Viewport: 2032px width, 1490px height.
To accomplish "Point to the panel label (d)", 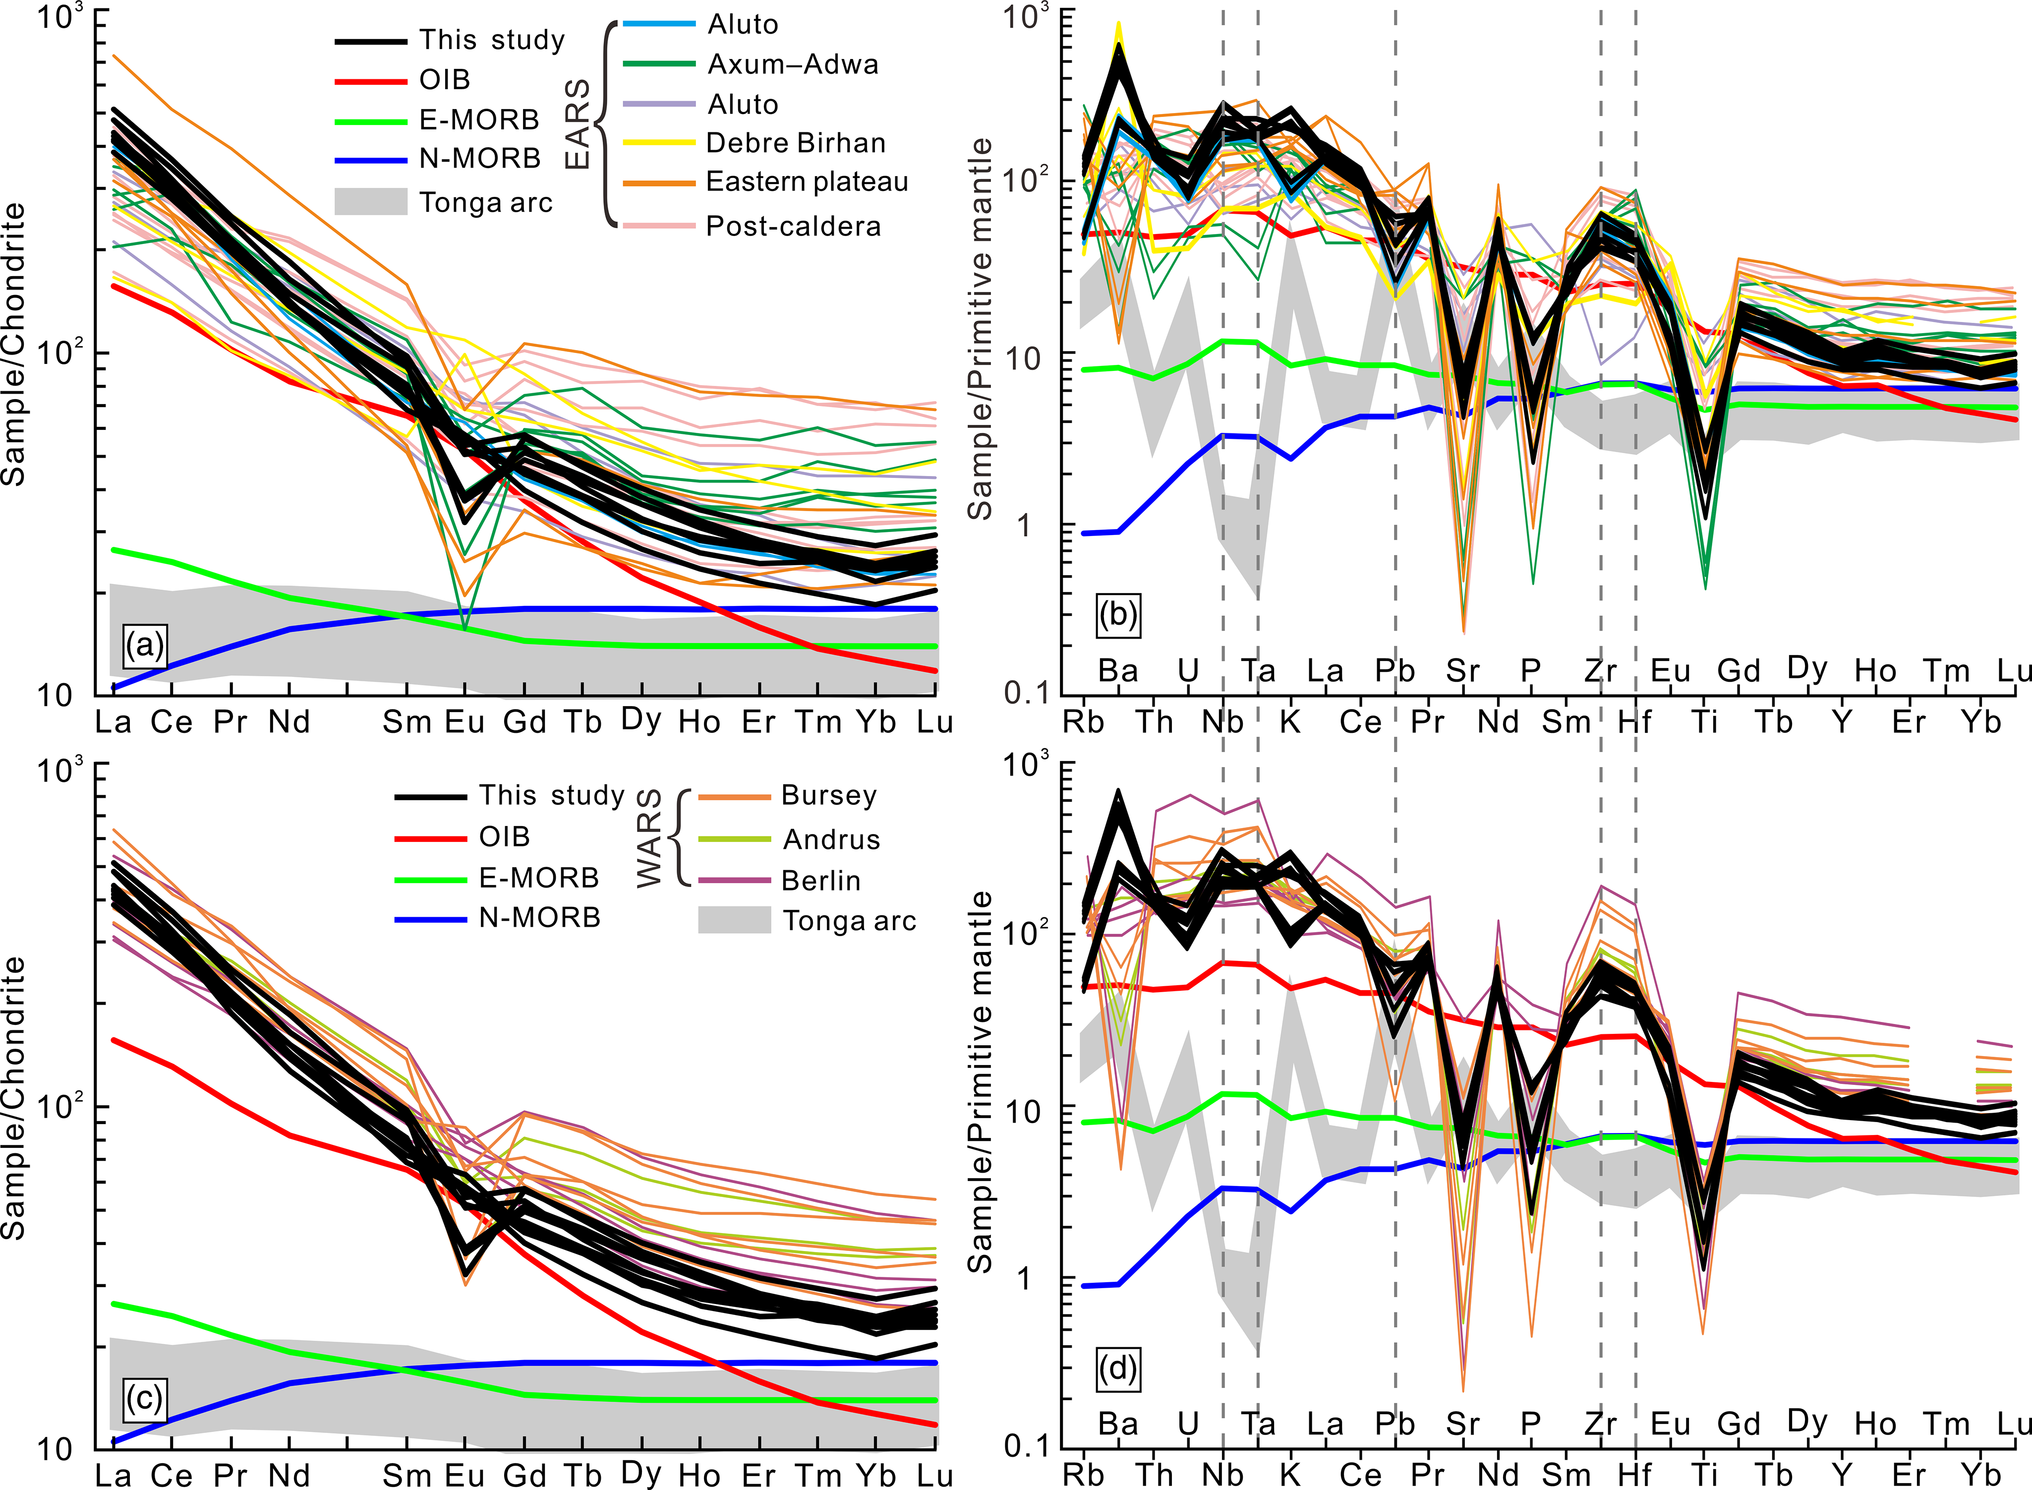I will click(1118, 1368).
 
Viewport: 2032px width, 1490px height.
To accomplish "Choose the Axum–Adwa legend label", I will click(793, 64).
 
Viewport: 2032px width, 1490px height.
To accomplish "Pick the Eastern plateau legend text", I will click(807, 182).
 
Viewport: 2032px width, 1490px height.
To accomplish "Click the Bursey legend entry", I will click(828, 795).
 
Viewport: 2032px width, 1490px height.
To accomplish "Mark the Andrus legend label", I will click(830, 839).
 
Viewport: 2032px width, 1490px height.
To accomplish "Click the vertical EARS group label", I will click(577, 123).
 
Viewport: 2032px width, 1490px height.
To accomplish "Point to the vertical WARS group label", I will click(649, 838).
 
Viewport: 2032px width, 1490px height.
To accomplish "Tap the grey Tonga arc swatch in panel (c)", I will click(734, 920).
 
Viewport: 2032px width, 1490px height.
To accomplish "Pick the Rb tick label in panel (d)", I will click(1083, 1475).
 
